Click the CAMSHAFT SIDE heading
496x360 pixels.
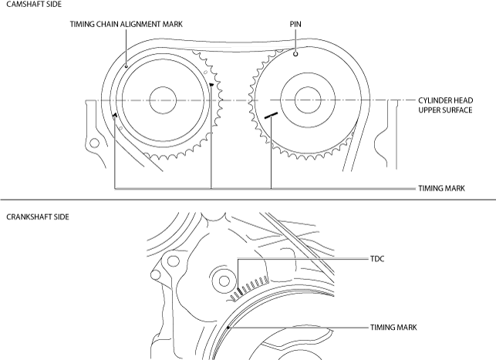pyautogui.click(x=34, y=5)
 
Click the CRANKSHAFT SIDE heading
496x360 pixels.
pyautogui.click(x=38, y=217)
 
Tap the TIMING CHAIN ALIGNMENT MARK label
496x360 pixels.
pyautogui.click(x=127, y=25)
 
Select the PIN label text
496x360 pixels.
pyautogui.click(x=295, y=25)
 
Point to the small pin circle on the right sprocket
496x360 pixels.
pyautogui.click(x=295, y=54)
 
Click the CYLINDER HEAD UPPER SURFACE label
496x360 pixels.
pyautogui.click(x=445, y=106)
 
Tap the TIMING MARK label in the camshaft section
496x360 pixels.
pyautogui.click(x=441, y=188)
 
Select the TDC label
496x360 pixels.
pyautogui.click(x=377, y=259)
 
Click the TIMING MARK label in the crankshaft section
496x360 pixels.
pyautogui.click(x=393, y=327)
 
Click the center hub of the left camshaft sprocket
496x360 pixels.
pyautogui.click(x=163, y=100)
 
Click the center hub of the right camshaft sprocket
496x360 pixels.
pyautogui.click(x=308, y=100)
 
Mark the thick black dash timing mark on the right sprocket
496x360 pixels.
pyautogui.click(x=271, y=116)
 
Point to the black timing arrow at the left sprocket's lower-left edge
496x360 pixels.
pyautogui.click(x=115, y=115)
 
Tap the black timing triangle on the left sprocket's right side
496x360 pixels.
pyautogui.click(x=211, y=84)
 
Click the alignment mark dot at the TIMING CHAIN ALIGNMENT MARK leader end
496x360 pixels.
pyautogui.click(x=127, y=66)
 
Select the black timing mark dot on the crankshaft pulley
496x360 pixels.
pyautogui.click(x=228, y=328)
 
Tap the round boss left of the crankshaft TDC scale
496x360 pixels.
pyautogui.click(x=224, y=281)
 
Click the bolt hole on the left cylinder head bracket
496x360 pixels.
pyautogui.click(x=94, y=143)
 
